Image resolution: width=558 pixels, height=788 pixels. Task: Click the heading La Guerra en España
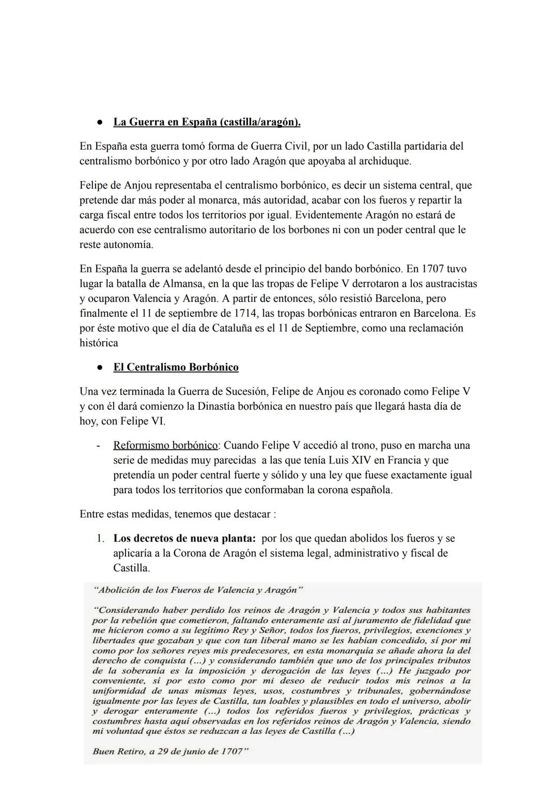point(207,122)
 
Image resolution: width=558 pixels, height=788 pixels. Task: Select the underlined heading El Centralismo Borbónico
point(176,367)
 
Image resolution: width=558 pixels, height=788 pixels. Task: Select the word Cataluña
point(231,328)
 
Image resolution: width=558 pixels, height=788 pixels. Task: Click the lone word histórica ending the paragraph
point(99,343)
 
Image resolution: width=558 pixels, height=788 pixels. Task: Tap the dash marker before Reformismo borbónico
point(98,445)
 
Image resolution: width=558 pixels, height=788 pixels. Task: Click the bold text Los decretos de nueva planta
point(184,538)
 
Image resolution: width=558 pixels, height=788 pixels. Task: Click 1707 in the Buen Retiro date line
point(230,751)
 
